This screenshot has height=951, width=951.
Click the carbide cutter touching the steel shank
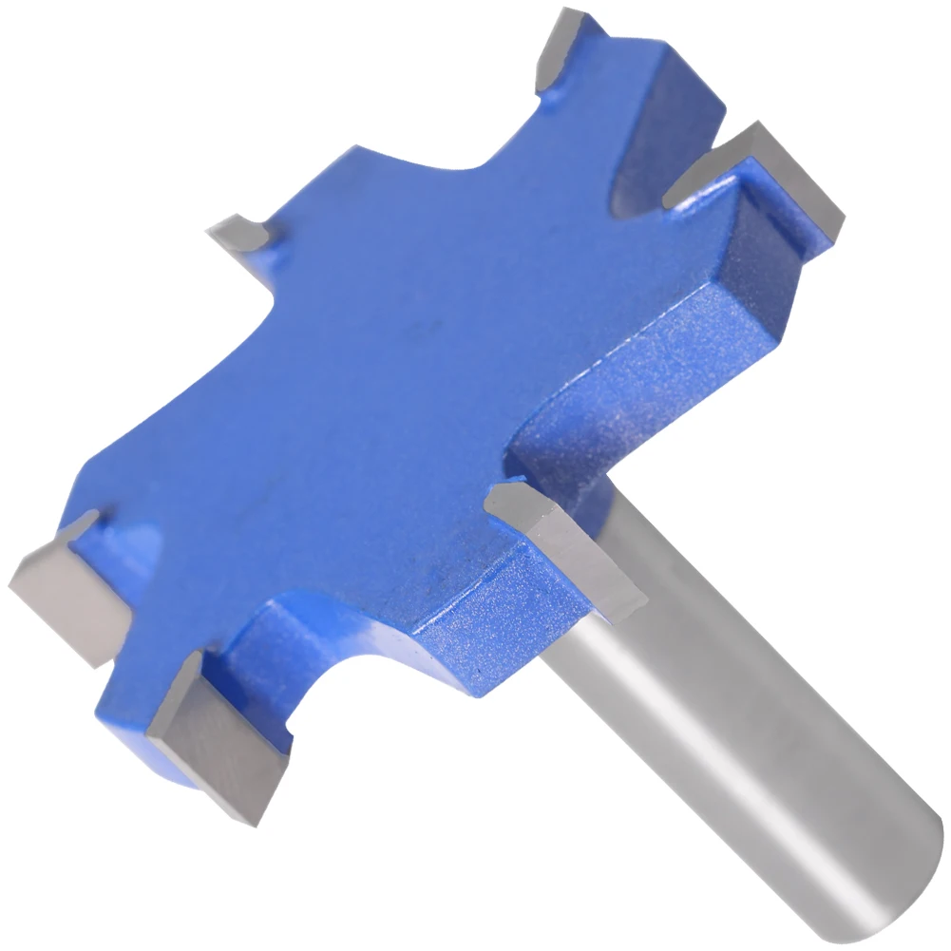(x=570, y=551)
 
